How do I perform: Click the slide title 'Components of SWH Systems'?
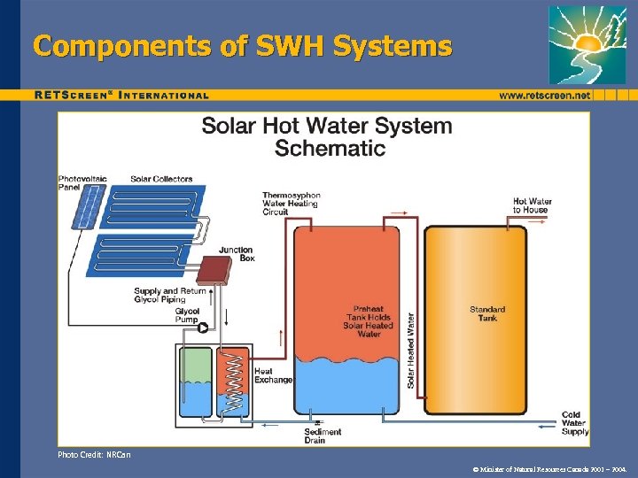click(242, 45)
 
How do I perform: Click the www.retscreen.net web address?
click(544, 95)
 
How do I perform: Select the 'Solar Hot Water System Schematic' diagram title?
click(326, 136)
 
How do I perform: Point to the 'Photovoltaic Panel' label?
click(82, 183)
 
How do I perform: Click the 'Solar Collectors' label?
click(161, 179)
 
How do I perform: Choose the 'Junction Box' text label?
click(236, 254)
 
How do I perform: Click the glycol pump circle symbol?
click(203, 328)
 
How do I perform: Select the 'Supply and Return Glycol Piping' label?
click(169, 295)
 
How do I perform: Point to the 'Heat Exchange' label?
click(273, 375)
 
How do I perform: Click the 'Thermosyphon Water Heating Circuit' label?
click(291, 204)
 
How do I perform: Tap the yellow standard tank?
click(486, 319)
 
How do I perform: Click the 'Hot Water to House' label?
click(532, 205)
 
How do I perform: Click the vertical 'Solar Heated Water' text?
click(411, 350)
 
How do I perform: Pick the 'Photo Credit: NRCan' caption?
click(94, 455)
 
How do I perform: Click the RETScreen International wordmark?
click(121, 95)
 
